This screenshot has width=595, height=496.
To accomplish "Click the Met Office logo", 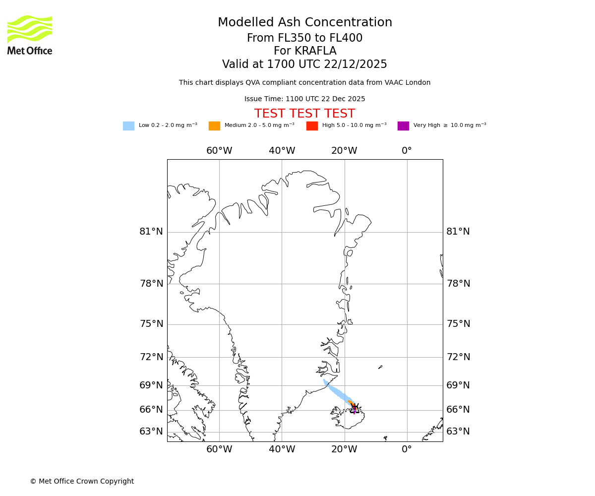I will (x=30, y=35).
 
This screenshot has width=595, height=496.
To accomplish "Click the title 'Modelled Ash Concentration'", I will (x=305, y=23).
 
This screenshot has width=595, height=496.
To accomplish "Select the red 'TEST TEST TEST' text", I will (x=305, y=114).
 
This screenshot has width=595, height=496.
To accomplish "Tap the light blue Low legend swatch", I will (x=128, y=126).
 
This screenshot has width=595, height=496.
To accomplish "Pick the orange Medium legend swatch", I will (x=214, y=126).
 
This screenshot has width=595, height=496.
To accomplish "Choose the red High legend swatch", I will (x=312, y=126).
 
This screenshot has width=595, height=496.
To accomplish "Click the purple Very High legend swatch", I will (x=403, y=126).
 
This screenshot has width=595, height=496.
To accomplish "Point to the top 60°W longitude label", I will (x=219, y=151).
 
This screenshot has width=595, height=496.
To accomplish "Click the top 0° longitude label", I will (x=407, y=151).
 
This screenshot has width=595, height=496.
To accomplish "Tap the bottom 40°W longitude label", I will (x=282, y=449).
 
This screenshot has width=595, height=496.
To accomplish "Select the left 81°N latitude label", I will (x=151, y=232).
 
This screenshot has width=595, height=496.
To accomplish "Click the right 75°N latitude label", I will (x=458, y=324).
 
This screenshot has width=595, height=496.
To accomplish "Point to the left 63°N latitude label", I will (x=151, y=432).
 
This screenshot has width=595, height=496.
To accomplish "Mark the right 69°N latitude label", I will (x=458, y=385).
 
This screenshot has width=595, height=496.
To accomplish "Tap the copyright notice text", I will (x=82, y=482).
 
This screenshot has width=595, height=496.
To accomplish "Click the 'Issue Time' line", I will (x=305, y=99).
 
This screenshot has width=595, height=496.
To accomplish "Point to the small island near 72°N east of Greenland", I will (x=380, y=367).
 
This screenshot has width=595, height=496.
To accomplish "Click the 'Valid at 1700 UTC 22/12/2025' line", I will (x=305, y=64).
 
